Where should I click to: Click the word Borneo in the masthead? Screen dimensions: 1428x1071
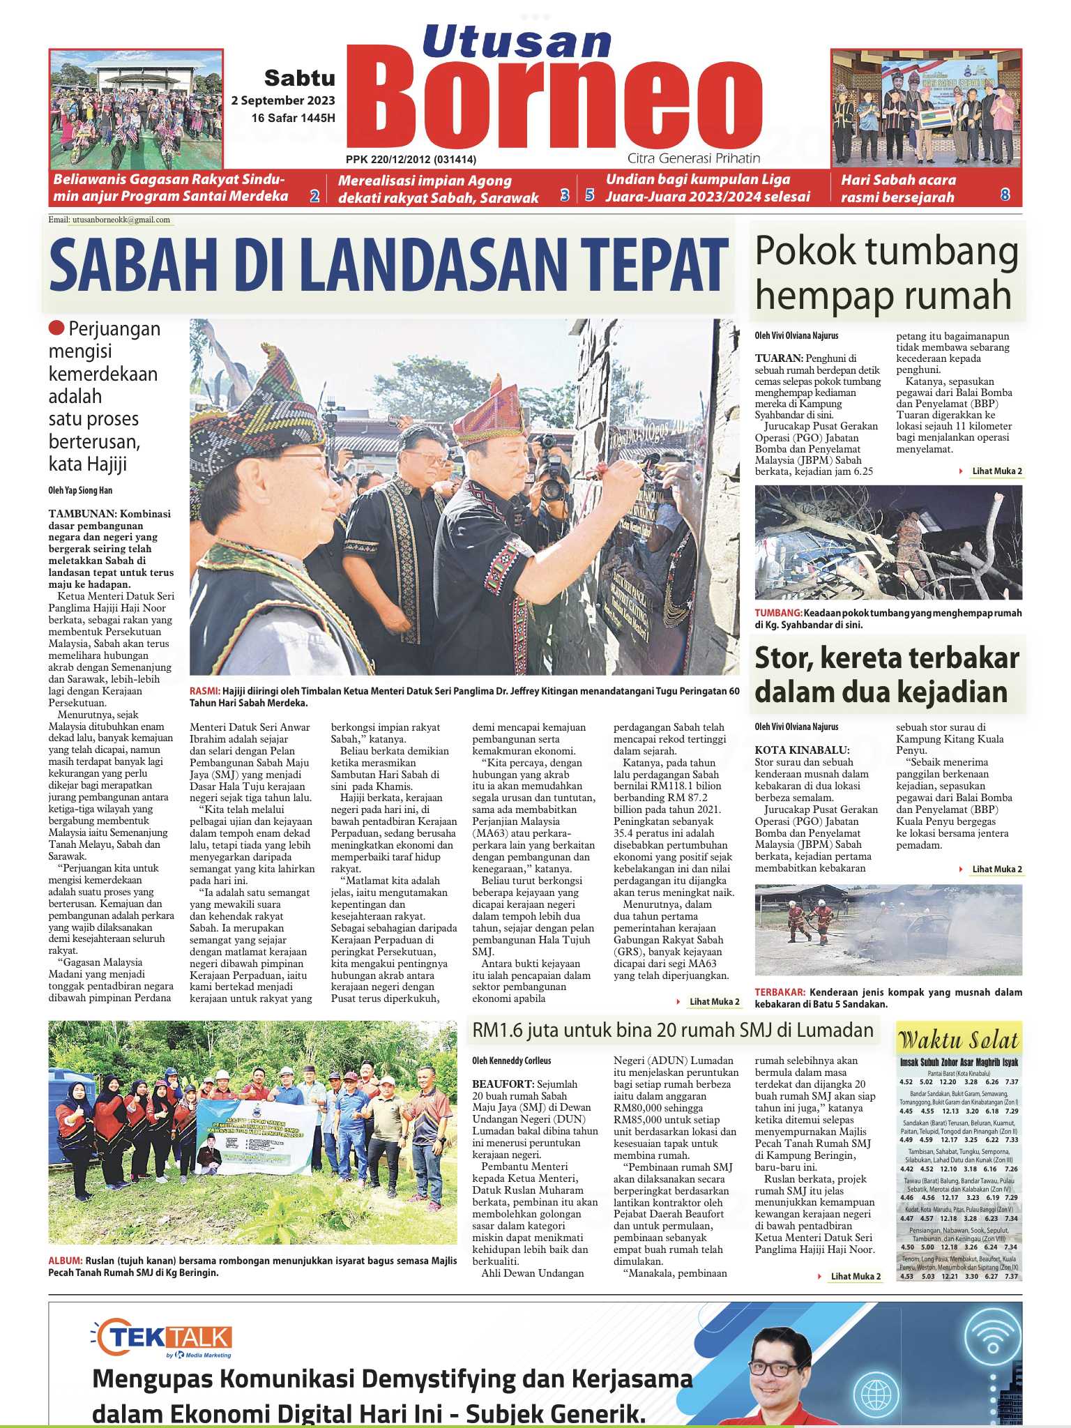(554, 105)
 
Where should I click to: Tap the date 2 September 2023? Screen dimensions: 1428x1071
(283, 100)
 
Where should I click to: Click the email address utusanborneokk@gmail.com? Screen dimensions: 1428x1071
(120, 220)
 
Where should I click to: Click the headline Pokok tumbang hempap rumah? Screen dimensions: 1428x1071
(886, 273)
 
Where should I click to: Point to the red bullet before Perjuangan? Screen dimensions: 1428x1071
(56, 328)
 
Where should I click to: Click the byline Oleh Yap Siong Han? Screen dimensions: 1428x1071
(80, 490)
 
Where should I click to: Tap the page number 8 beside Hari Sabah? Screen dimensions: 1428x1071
(1005, 195)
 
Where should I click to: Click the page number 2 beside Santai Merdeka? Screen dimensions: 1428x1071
(314, 196)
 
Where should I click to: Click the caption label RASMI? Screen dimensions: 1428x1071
(204, 691)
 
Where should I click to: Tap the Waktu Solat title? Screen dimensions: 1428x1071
(959, 1041)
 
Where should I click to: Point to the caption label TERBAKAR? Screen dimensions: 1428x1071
(780, 992)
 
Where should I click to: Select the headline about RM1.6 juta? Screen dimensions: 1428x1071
(673, 1031)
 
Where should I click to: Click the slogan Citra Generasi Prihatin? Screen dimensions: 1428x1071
(693, 158)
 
